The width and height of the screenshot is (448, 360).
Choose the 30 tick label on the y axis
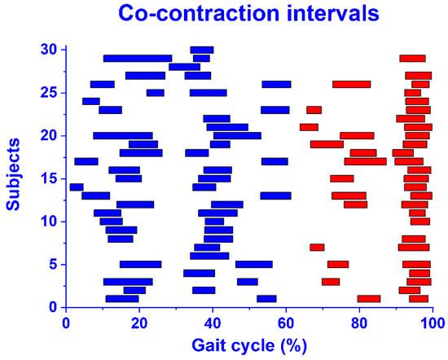(50, 50)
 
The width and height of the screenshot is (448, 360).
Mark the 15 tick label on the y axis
(50, 178)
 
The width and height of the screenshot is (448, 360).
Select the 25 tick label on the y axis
(50, 93)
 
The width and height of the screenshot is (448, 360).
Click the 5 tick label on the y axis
(54, 264)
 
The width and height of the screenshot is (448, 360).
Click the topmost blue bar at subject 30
(202, 50)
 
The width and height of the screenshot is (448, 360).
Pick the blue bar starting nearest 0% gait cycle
(77, 187)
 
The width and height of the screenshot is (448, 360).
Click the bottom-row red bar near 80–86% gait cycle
(369, 298)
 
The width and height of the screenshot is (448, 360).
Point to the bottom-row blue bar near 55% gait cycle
(266, 298)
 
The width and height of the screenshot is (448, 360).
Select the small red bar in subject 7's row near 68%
(317, 247)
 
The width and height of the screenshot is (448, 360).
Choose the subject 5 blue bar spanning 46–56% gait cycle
(254, 264)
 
